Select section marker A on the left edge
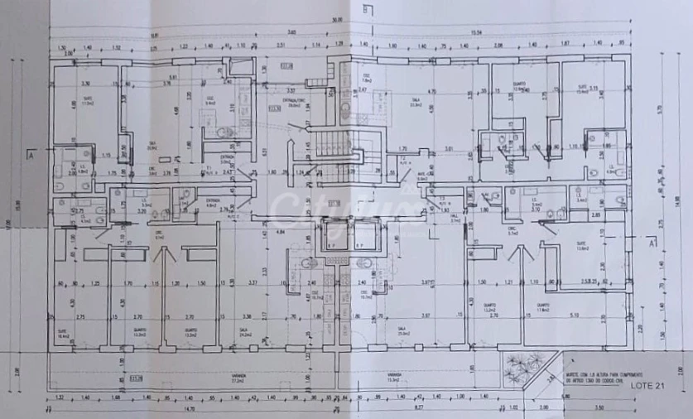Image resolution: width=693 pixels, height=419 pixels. pyautogui.click(x=30, y=155)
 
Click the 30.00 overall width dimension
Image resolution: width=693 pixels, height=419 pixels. pyautogui.click(x=337, y=20)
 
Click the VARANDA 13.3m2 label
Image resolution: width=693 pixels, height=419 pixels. pyautogui.click(x=396, y=377)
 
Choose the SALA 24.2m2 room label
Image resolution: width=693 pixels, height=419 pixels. pyautogui.click(x=246, y=330)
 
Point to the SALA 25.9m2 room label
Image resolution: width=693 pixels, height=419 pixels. pyautogui.click(x=402, y=330)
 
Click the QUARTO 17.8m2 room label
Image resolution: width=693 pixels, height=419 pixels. pyautogui.click(x=542, y=310)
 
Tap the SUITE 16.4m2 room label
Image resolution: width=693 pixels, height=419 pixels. pyautogui.click(x=63, y=334)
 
